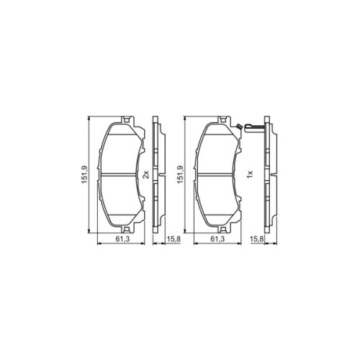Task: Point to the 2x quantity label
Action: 146,175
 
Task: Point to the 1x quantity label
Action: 248,175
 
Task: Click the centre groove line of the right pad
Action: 219,174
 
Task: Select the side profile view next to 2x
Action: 158,174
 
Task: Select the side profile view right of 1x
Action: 269,174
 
